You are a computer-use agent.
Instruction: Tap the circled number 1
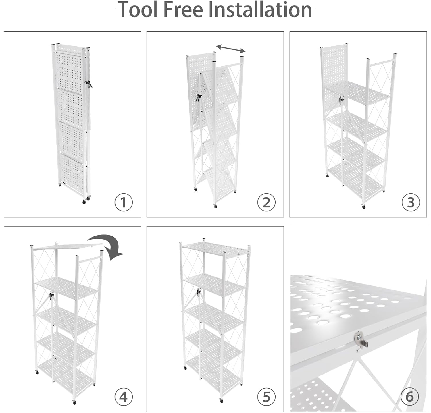point(124,202)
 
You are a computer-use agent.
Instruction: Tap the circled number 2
point(266,202)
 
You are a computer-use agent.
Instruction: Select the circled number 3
point(411,202)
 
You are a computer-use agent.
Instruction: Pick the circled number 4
point(124,397)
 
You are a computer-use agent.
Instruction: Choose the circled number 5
point(266,397)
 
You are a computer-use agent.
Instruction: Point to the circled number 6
point(409,397)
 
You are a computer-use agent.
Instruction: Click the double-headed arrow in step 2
point(231,49)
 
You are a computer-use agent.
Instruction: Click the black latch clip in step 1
point(90,84)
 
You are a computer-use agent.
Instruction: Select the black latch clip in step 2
point(198,98)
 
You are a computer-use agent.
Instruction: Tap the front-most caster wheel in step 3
point(364,206)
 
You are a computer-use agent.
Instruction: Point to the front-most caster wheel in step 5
point(221,401)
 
